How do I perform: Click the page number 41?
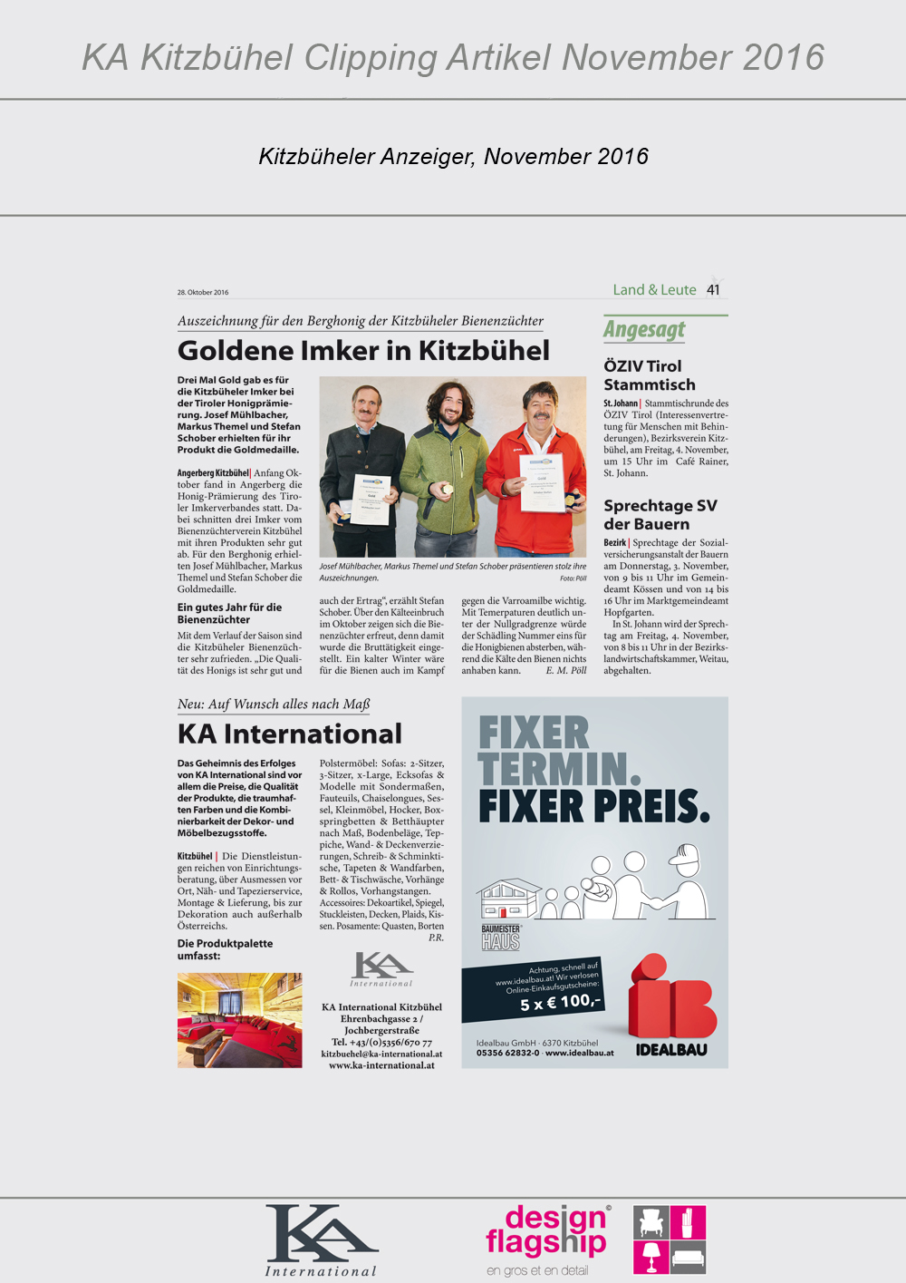pyautogui.click(x=714, y=290)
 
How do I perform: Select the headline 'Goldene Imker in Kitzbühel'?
pyautogui.click(x=363, y=351)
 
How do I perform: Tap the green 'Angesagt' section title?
pyautogui.click(x=644, y=330)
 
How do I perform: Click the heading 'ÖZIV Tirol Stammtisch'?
pyautogui.click(x=649, y=375)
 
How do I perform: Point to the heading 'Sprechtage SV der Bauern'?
pyautogui.click(x=660, y=515)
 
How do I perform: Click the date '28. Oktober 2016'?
pyautogui.click(x=203, y=292)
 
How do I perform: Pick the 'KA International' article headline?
pyautogui.click(x=290, y=734)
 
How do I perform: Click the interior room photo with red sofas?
pyautogui.click(x=239, y=1020)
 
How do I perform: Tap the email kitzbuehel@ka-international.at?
pyautogui.click(x=381, y=1054)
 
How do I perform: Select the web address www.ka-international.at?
pyautogui.click(x=381, y=1065)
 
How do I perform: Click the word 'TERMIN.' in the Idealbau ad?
pyautogui.click(x=559, y=770)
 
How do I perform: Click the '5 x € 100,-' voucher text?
pyautogui.click(x=560, y=1002)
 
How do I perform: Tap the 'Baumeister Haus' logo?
pyautogui.click(x=501, y=937)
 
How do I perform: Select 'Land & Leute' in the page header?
pyautogui.click(x=654, y=290)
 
